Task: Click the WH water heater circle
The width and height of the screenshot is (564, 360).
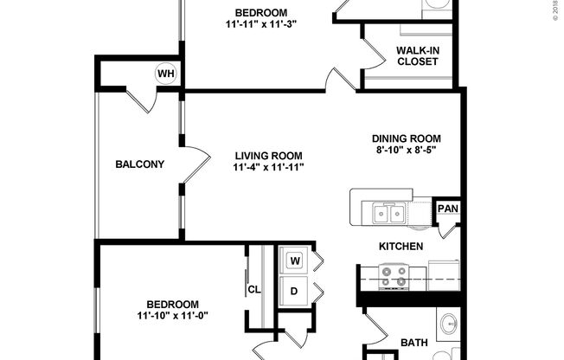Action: tap(165, 74)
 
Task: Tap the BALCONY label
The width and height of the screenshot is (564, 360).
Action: tap(139, 164)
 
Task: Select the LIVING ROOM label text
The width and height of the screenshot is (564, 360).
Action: tap(268, 156)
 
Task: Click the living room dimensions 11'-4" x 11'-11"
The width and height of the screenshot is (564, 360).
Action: tap(268, 167)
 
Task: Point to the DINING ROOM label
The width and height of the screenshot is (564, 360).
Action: tap(407, 138)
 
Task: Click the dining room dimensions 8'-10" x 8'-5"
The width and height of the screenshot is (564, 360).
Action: tap(407, 150)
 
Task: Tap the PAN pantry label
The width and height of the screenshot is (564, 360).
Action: tap(447, 209)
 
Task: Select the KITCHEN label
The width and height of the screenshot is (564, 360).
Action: tap(401, 247)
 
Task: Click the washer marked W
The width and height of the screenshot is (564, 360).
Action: tap(294, 260)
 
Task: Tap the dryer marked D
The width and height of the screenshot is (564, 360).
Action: tap(294, 291)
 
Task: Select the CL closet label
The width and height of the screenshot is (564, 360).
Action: tap(254, 290)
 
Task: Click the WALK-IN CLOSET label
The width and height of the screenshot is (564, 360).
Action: tap(418, 55)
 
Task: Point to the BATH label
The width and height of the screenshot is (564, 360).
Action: tap(413, 344)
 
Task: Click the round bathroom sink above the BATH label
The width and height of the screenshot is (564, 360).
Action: tap(448, 326)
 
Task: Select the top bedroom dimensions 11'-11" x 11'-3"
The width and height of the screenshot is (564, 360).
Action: tap(260, 24)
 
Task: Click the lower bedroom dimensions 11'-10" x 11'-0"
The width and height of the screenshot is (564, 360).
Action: tap(172, 316)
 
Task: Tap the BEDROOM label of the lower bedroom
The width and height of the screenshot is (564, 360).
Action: tap(172, 305)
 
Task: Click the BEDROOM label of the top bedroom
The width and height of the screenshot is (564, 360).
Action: tap(260, 12)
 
